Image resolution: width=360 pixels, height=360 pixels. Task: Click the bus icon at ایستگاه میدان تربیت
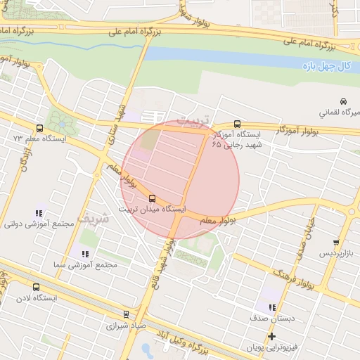coord(153,199)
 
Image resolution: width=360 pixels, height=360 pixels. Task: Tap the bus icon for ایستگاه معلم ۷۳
coord(39,129)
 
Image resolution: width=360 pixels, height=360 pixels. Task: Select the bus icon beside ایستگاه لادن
coord(36,287)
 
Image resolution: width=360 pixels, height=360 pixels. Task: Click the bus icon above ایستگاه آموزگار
coord(237,123)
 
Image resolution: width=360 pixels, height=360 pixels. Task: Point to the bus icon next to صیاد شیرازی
coord(126,314)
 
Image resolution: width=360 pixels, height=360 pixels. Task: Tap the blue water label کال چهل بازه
coord(326,65)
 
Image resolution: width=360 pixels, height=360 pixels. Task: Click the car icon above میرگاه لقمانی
coord(343,101)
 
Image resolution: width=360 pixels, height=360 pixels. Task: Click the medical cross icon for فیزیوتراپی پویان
coord(271,336)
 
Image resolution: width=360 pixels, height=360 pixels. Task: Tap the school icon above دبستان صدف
coord(271,307)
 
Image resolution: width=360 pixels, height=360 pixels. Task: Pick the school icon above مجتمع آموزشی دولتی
coord(38,213)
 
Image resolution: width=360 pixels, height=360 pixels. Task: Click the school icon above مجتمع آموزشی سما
coord(84,253)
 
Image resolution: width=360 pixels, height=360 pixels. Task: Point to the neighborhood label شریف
coord(94,218)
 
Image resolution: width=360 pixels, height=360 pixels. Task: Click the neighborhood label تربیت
coord(191,120)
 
